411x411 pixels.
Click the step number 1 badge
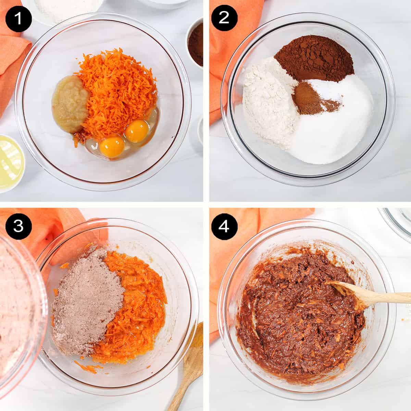click(x=18, y=18)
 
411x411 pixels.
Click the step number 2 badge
click(x=223, y=18)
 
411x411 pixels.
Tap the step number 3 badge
click(x=18, y=226)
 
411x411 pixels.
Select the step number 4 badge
click(x=223, y=226)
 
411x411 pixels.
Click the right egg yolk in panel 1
click(x=136, y=131)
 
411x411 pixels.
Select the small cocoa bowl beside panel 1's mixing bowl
click(x=196, y=43)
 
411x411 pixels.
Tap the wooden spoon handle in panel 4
click(x=377, y=296)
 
